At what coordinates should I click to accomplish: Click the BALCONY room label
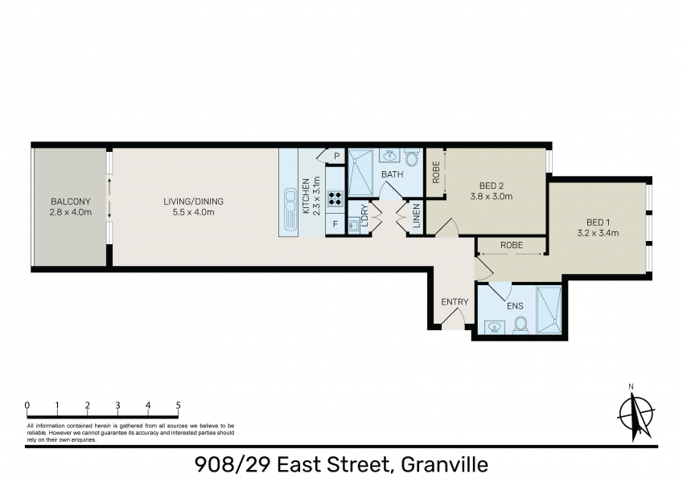click(71, 202)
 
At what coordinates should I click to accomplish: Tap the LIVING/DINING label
click(193, 202)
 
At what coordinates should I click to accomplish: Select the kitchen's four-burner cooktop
click(335, 198)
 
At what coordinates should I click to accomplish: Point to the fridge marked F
click(335, 224)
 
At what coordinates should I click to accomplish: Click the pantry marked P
click(336, 156)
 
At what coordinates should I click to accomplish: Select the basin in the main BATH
click(389, 155)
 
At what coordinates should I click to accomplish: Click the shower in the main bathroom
click(360, 172)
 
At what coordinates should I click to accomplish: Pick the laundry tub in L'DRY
click(353, 226)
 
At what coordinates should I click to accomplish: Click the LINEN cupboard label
click(417, 216)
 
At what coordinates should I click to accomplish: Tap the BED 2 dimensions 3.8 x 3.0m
click(492, 196)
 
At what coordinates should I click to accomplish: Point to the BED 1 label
click(598, 223)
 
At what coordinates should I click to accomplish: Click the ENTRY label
click(455, 302)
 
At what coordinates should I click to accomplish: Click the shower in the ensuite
click(549, 310)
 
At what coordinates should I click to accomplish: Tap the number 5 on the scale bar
click(178, 406)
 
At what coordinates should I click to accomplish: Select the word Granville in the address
click(444, 464)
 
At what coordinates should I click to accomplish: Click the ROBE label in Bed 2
click(436, 172)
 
